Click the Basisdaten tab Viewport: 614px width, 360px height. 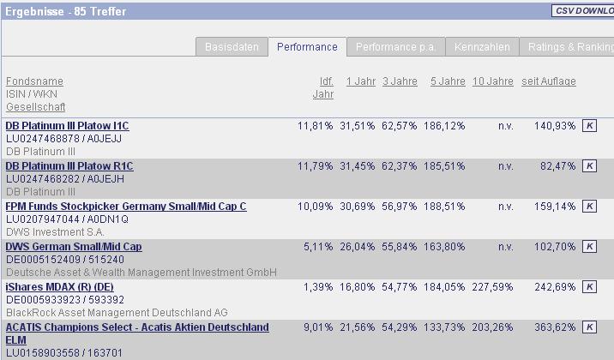point(232,47)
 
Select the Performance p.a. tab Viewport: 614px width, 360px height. point(395,47)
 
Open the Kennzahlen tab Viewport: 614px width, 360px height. point(482,47)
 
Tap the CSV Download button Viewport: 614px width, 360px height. point(584,11)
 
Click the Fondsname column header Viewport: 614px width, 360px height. point(34,81)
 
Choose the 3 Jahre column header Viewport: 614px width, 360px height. point(400,81)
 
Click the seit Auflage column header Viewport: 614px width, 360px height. point(549,81)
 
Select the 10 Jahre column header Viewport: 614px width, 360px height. point(493,81)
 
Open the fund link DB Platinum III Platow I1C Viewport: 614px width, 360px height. point(67,126)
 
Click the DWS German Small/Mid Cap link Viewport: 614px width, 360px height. point(74,247)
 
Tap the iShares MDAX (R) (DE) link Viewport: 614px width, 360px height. point(59,287)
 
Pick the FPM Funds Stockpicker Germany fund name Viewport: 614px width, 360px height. point(126,207)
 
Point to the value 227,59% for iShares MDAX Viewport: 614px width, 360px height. point(493,287)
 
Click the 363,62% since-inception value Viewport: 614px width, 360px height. point(554,327)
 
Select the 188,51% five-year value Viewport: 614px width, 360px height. point(444,207)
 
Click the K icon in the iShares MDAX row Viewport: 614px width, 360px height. point(589,287)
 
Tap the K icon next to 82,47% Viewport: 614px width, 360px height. point(589,166)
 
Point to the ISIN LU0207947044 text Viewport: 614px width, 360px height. point(42,219)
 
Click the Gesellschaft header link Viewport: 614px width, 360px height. point(35,107)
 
